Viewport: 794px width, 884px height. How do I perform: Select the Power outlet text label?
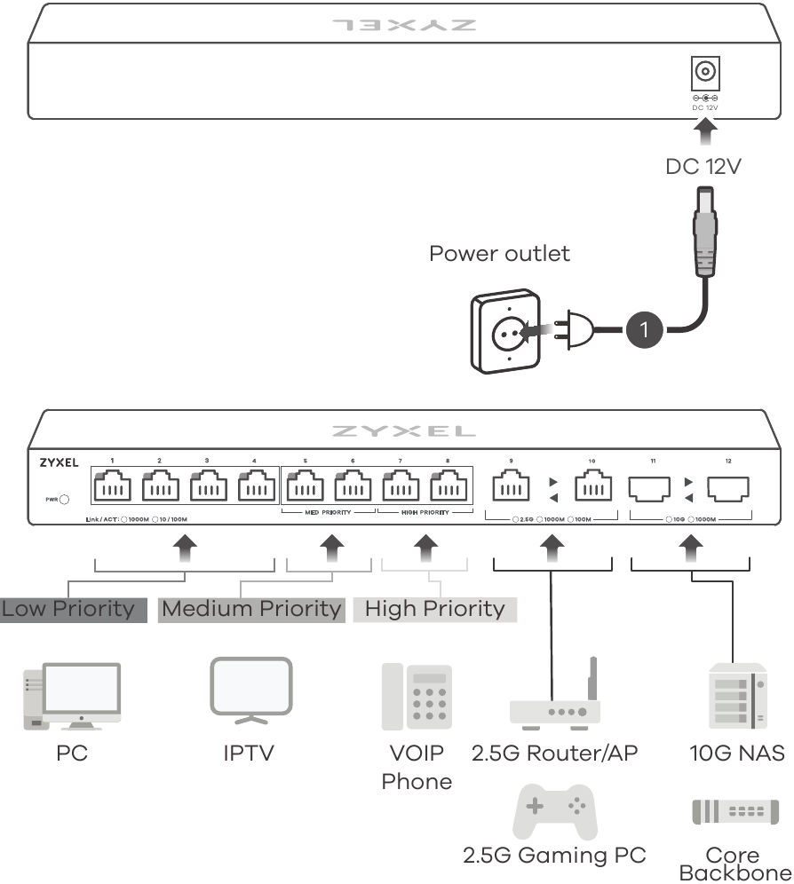[499, 254]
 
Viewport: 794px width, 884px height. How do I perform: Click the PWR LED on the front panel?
[64, 500]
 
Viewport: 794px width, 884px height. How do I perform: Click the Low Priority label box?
[73, 609]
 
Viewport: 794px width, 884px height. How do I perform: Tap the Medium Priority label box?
[251, 609]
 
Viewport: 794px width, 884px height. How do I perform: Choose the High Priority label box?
[434, 609]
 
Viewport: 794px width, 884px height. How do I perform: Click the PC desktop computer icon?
[72, 696]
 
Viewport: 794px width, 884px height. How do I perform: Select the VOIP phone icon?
[417, 697]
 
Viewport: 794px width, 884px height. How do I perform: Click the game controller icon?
[555, 809]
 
